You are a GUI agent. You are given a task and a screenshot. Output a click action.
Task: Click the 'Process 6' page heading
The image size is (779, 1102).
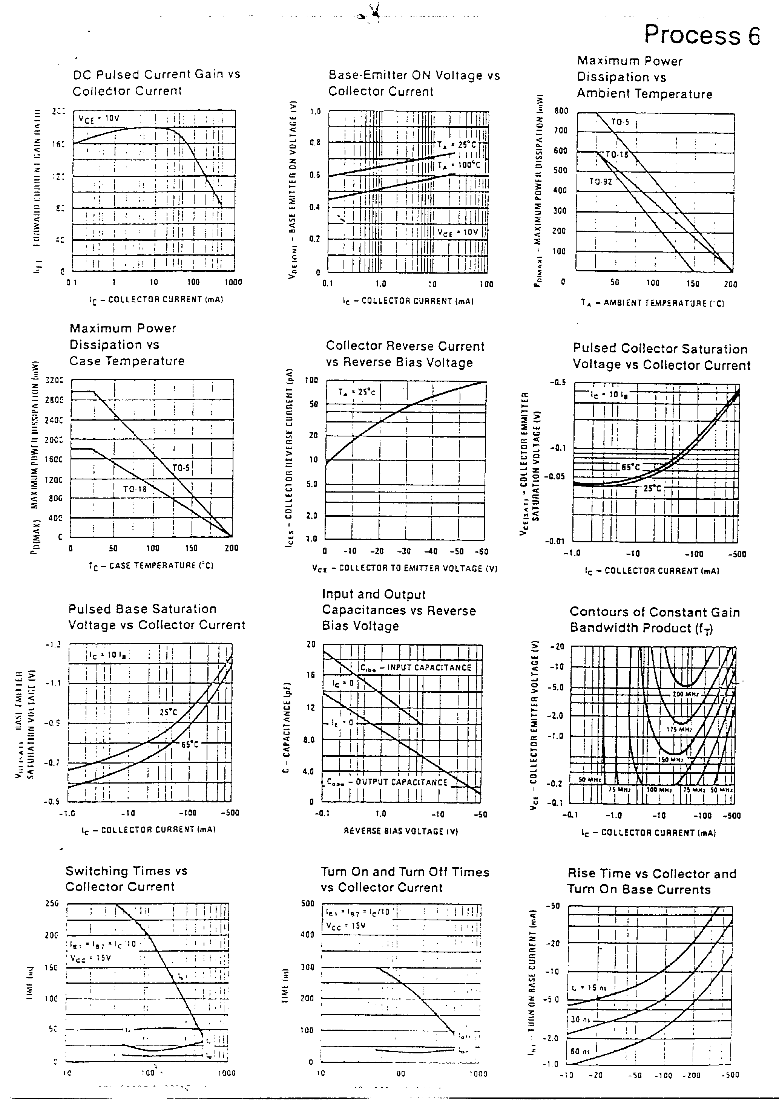coord(702,35)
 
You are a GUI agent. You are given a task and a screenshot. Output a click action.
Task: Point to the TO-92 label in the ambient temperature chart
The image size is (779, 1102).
coord(601,182)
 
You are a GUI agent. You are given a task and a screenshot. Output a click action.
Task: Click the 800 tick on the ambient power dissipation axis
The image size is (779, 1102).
coord(561,111)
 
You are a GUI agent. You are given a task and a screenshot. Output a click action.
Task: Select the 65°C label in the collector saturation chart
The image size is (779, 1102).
coord(630,467)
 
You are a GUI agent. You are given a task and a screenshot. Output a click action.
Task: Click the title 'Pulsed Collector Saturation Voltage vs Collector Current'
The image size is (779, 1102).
coord(661,357)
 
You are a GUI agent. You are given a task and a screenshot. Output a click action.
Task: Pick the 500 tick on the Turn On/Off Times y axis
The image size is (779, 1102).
coord(307,903)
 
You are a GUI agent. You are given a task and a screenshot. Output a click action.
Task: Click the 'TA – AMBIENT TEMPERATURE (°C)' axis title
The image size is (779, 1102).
coord(652,303)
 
